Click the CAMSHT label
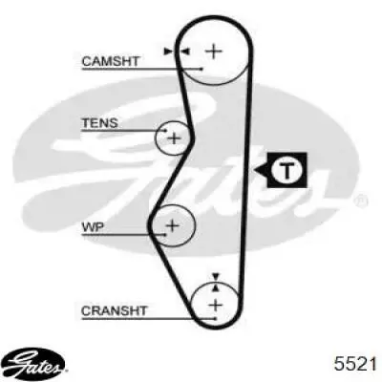111,61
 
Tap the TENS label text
100,123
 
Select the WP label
93,227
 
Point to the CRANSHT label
114,310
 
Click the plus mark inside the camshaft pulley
214,52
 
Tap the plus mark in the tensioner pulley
174,138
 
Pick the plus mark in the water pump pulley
173,225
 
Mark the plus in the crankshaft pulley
216,306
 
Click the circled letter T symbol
286,170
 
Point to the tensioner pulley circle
157,138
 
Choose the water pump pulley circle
194,225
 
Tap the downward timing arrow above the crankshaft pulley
216,276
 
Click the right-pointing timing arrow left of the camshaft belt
168,52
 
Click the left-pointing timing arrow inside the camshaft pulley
185,52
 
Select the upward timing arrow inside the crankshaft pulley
216,287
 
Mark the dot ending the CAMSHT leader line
202,69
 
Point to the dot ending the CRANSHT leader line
216,318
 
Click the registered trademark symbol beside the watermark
361,201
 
